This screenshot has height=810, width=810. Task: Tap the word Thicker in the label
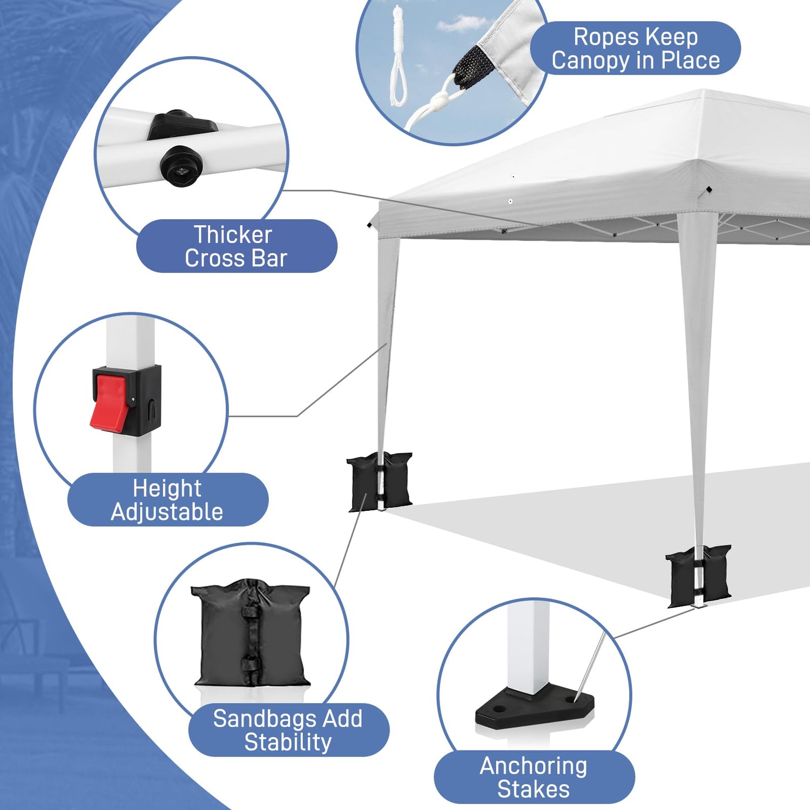[233, 235]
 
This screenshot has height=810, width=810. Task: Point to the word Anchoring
[534, 766]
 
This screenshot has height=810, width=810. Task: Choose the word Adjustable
[167, 512]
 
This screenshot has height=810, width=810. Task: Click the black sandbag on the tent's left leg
[379, 481]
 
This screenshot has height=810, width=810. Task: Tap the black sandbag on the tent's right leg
[698, 576]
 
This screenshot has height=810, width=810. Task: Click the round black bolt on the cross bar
[181, 165]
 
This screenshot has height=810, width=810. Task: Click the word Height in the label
[167, 489]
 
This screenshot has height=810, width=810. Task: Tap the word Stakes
[534, 789]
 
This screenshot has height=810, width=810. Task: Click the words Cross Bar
[236, 259]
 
